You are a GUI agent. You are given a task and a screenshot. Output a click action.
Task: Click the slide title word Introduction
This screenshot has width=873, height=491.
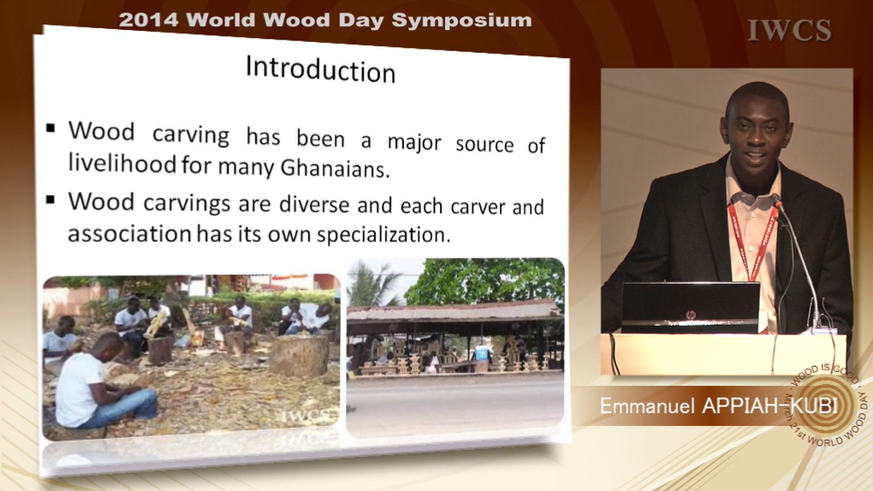321,69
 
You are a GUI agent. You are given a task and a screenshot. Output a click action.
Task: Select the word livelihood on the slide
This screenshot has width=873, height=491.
122,163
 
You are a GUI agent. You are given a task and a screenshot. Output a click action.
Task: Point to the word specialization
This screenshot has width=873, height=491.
383,234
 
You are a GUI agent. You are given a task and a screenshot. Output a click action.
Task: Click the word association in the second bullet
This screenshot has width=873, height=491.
130,233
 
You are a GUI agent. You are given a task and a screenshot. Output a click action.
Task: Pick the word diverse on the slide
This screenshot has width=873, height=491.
314,204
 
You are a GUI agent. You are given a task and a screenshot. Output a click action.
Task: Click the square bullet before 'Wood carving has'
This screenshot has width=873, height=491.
50,128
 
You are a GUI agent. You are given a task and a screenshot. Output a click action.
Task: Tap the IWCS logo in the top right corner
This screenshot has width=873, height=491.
789,30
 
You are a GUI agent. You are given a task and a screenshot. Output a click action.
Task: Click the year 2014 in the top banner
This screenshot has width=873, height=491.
148,21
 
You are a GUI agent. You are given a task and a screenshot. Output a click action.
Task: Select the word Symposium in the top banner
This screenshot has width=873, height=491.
461,21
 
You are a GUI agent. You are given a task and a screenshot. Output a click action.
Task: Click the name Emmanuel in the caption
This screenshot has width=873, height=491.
647,405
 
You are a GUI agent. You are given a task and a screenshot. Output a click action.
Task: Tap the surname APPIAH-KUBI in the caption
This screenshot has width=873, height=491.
770,405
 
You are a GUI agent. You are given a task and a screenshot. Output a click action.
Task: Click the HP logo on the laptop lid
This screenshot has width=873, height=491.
691,315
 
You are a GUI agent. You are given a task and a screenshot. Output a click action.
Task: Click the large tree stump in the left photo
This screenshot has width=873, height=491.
299,357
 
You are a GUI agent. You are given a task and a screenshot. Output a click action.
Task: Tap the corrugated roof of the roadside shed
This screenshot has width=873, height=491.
454,311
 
